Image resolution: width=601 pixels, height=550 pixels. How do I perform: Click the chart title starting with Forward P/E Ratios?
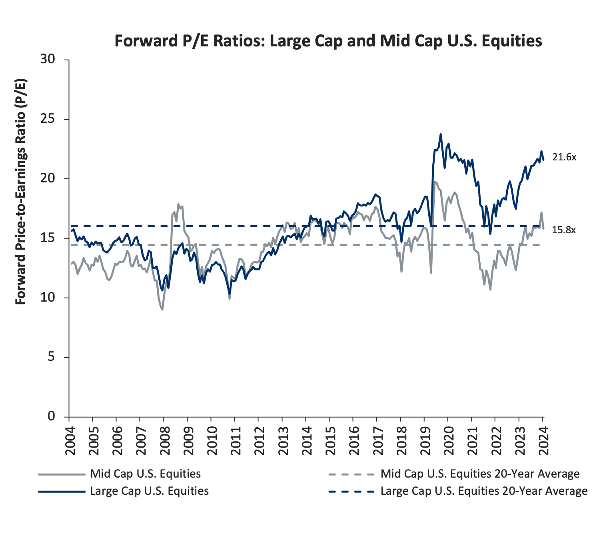328,41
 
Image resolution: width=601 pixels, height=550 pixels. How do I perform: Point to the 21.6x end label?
564,157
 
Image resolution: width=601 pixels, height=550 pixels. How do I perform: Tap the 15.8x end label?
564,230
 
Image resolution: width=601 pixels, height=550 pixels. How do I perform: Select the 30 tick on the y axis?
48,59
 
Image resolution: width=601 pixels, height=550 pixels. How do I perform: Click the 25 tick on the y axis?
48,119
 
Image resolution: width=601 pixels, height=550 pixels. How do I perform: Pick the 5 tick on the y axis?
51,357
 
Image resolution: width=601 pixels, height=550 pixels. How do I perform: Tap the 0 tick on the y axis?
51,416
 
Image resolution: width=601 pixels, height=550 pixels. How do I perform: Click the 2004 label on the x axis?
70,440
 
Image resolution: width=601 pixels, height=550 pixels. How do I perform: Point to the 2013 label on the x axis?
283,440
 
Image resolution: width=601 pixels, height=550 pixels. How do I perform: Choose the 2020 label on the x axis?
449,440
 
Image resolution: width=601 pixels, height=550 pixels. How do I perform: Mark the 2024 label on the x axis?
543,440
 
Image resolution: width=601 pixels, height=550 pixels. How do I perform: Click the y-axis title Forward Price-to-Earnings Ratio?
20,192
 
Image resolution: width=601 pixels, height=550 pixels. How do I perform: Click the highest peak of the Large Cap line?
441,134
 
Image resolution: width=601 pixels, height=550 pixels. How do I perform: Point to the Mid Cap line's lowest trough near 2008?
162,310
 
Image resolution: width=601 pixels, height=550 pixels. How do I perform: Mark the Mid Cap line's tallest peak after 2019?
435,181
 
